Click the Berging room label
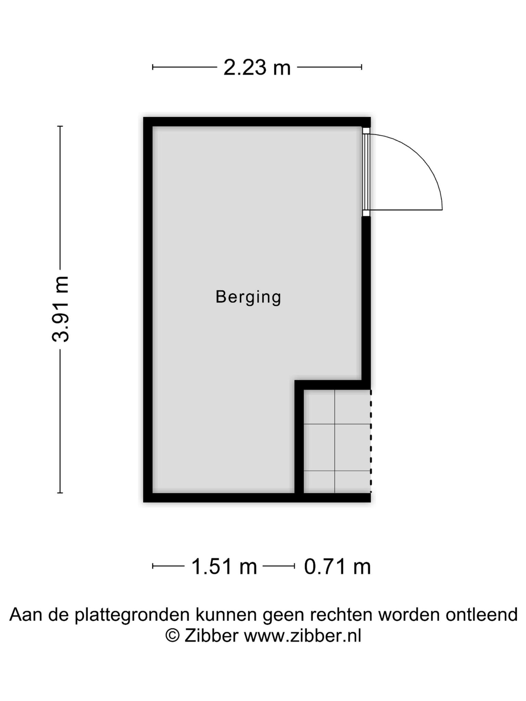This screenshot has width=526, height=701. (x=248, y=297)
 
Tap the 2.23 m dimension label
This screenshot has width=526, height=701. (x=257, y=67)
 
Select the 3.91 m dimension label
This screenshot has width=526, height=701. (x=61, y=309)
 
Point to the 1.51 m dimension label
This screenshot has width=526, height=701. (x=224, y=566)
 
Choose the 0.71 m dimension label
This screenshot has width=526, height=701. (x=338, y=566)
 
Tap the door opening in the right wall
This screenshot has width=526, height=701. (x=366, y=172)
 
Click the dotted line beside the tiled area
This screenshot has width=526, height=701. (x=371, y=441)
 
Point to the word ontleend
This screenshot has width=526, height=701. (x=481, y=614)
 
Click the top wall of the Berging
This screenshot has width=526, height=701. (x=257, y=122)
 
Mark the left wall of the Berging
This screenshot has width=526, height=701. (x=148, y=310)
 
